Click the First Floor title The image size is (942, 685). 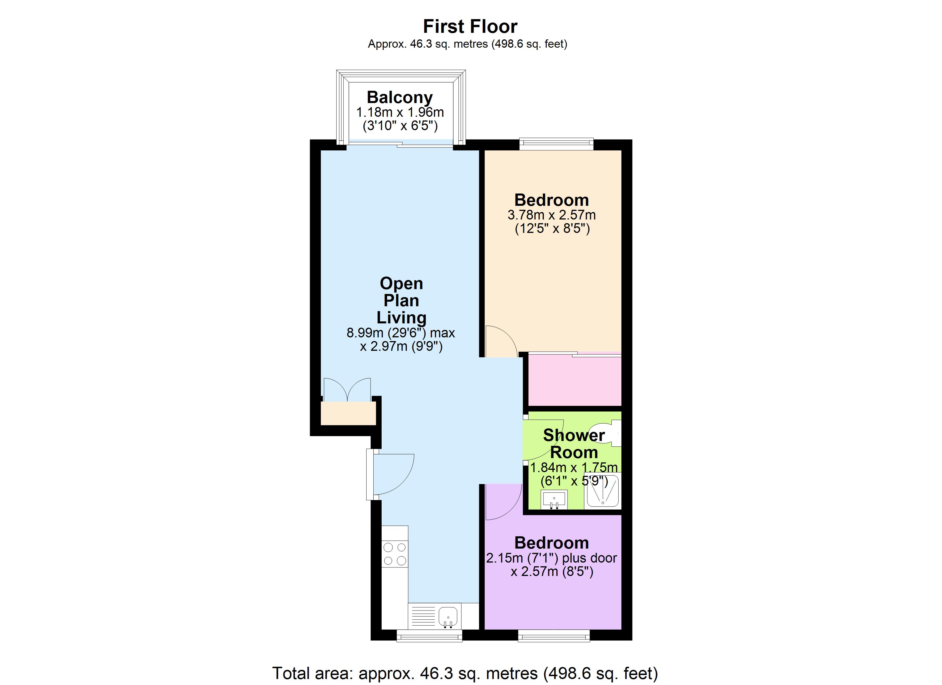tap(470, 27)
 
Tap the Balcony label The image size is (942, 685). tap(400, 97)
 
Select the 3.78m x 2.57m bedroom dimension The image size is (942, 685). tap(551, 215)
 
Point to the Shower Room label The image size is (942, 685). tap(573, 443)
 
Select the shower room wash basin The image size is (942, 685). tap(554, 500)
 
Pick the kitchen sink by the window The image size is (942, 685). tap(448, 616)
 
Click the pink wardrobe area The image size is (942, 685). tap(574, 380)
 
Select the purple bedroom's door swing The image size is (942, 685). tap(503, 502)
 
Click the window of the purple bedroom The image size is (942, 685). tap(554, 636)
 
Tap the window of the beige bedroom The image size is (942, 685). tap(556, 144)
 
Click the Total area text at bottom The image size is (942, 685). tap(465, 673)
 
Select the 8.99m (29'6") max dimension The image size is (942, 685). tap(401, 333)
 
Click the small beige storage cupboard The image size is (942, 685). tap(348, 413)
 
